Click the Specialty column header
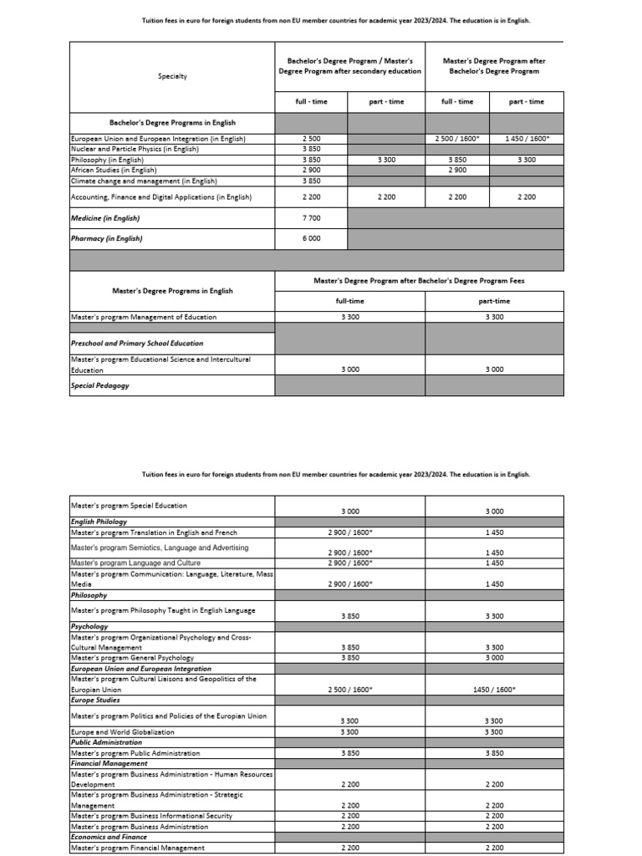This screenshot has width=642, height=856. (x=172, y=76)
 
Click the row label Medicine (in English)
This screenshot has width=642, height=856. (x=105, y=218)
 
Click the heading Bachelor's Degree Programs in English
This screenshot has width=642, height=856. (x=172, y=123)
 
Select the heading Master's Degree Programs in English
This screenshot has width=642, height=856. (x=172, y=291)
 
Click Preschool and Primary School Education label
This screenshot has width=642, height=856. (x=137, y=343)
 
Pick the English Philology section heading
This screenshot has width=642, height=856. (x=99, y=522)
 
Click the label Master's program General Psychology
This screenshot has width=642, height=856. (x=132, y=658)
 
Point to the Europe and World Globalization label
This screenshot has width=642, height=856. (x=123, y=731)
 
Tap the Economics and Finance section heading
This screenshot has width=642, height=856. (x=109, y=837)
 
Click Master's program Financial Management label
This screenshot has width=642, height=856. (x=138, y=848)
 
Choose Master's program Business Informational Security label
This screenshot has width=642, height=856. (x=152, y=816)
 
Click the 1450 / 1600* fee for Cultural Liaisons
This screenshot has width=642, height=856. (x=494, y=690)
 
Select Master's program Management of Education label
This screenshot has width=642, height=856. (x=144, y=317)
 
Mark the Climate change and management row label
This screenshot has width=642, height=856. (x=144, y=181)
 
